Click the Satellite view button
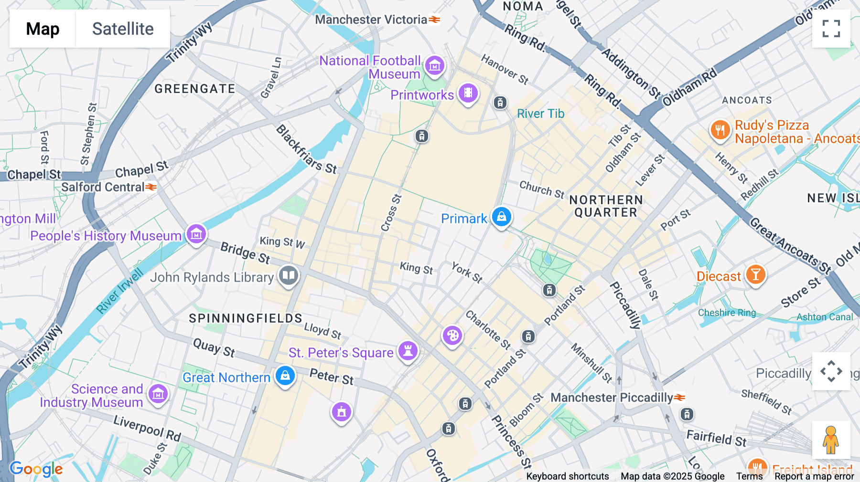coord(123,29)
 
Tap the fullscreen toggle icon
coord(831,29)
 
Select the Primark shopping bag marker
coord(501,217)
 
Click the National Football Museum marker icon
coord(434,66)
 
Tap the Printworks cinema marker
coord(468,93)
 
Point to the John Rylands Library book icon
coord(288,275)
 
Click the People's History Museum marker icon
coord(196,234)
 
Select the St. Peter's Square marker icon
coord(408,351)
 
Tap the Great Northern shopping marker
coord(285,376)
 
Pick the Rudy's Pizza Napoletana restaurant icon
coord(720,130)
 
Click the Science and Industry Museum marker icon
coord(158,395)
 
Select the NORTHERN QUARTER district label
coord(606,206)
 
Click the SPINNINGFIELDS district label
coord(246,318)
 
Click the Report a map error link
coord(814,476)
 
